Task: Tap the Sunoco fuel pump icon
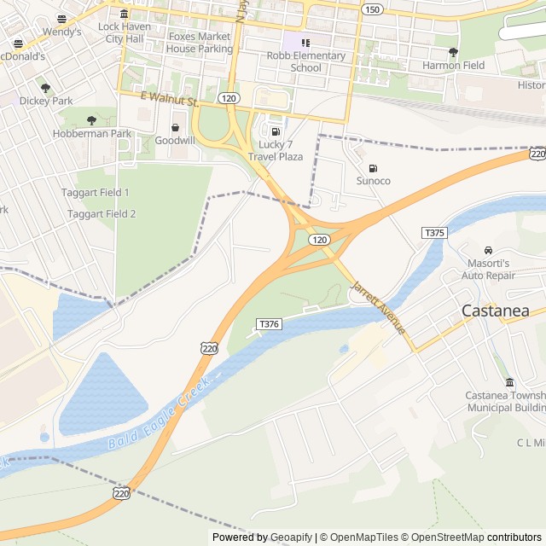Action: [x=373, y=167]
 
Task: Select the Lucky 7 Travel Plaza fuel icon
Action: [x=275, y=131]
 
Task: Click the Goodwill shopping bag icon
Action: [x=175, y=127]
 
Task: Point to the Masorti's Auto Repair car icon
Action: [x=488, y=250]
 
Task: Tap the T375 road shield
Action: [x=434, y=233]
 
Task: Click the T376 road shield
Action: [x=269, y=324]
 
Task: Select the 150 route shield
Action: [x=371, y=9]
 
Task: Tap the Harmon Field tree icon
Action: [x=453, y=52]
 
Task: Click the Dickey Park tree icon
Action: [x=45, y=87]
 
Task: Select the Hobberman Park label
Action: [x=92, y=134]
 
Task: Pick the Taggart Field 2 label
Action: [x=102, y=213]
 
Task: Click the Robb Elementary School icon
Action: [x=305, y=42]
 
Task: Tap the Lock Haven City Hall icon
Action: [x=125, y=14]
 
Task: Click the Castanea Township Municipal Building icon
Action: [x=510, y=382]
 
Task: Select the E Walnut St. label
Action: [x=169, y=101]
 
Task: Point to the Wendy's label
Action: [x=61, y=32]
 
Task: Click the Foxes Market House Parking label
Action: [x=200, y=43]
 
